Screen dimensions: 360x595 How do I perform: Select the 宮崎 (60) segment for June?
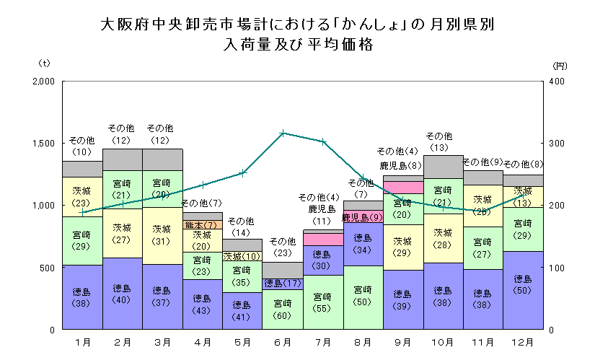coord(283,309)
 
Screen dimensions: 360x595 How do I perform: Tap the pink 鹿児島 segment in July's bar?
coord(322,239)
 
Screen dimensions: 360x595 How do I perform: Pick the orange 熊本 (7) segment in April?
coord(202,225)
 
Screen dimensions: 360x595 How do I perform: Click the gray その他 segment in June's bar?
coord(283,270)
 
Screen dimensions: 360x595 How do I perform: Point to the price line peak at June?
coord(283,133)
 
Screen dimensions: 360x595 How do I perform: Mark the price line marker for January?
coord(82,212)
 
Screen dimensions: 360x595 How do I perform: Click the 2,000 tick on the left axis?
coord(44,81)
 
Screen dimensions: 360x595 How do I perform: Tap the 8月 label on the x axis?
coord(363,341)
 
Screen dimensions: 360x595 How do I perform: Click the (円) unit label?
coord(560,66)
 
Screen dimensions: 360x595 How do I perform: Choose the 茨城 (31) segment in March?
coord(162,234)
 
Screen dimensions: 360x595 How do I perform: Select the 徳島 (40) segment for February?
coord(122,294)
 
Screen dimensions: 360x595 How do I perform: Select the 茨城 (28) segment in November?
coord(482,205)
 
